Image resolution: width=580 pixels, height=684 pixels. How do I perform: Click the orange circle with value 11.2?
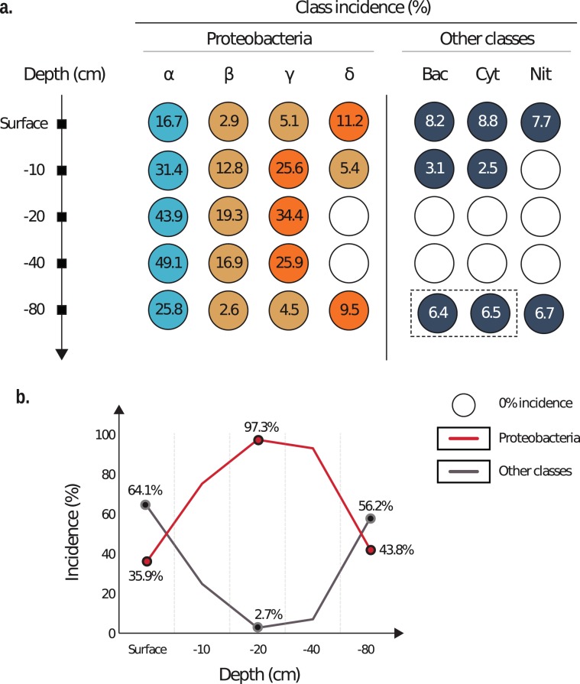[x=348, y=123]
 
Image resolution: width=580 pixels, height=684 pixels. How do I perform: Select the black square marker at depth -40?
[x=63, y=263]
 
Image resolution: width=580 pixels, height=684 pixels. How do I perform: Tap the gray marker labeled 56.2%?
[x=371, y=518]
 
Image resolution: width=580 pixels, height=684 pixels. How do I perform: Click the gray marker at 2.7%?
[x=258, y=627]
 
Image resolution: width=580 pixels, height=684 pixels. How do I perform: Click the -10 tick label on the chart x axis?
[x=202, y=650]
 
